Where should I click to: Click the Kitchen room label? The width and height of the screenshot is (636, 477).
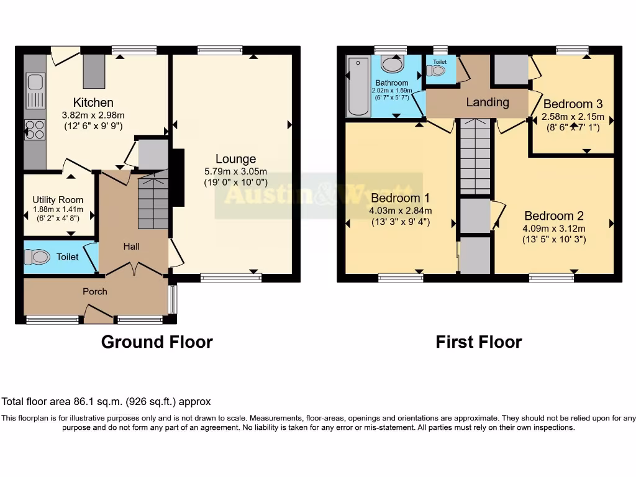[93, 102]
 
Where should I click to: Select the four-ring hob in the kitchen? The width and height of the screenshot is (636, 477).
[35, 130]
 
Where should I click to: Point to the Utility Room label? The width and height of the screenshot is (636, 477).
[58, 200]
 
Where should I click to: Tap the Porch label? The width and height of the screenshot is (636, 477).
[95, 291]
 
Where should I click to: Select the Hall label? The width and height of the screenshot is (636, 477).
[131, 247]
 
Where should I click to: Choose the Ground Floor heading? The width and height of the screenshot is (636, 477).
[157, 342]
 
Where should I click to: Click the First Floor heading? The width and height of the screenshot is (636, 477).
[478, 342]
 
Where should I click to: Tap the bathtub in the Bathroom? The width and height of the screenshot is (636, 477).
[358, 87]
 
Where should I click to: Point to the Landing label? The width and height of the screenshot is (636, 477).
[488, 102]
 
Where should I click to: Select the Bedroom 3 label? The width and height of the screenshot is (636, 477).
[573, 104]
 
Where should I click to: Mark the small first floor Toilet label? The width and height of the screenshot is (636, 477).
[440, 62]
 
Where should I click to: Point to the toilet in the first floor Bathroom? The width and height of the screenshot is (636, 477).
[392, 63]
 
